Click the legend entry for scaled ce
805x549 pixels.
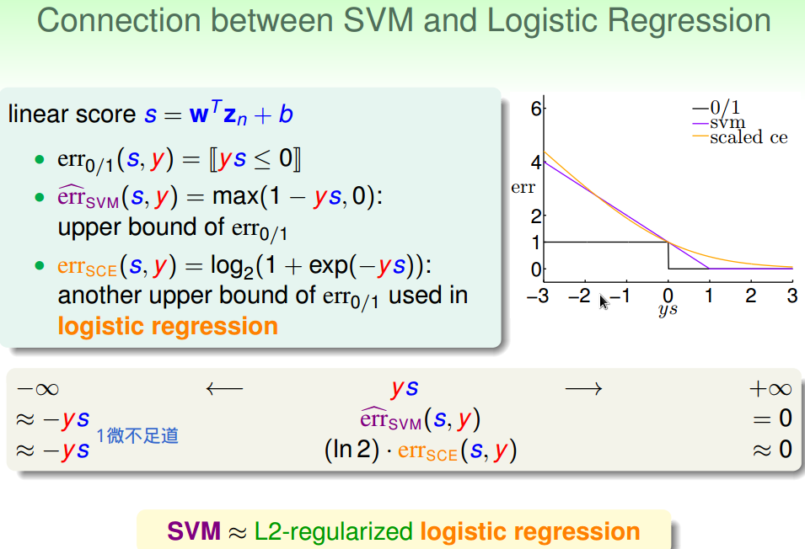point(749,137)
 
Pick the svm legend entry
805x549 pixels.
point(727,123)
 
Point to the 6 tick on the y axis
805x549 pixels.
point(535,108)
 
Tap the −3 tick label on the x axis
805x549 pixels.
point(537,296)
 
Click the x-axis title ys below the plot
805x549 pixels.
point(668,310)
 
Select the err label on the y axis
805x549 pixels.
point(523,188)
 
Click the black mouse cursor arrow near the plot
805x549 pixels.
point(604,301)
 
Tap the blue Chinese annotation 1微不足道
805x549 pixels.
point(137,435)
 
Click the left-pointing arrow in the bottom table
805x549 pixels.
point(223,388)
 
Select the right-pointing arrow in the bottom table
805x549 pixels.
point(583,388)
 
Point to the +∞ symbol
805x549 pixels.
point(770,388)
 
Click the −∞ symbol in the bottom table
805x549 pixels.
point(37,388)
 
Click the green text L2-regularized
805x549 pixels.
point(334,531)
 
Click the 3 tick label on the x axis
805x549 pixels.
point(792,296)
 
